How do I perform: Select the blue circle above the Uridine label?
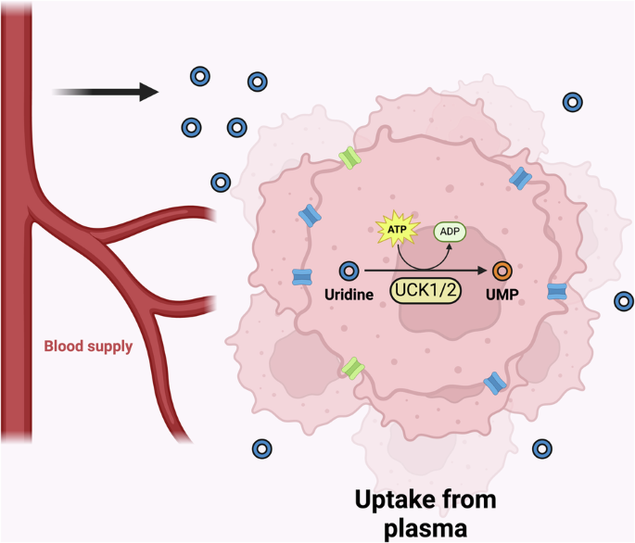point(349,271)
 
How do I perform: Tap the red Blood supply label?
point(89,348)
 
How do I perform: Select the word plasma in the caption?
point(426,529)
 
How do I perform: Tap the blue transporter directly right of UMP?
point(556,292)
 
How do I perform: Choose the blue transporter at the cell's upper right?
point(522,175)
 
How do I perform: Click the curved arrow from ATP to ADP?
point(417,252)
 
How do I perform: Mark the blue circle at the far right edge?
point(624,300)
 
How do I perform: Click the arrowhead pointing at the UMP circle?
point(482,271)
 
